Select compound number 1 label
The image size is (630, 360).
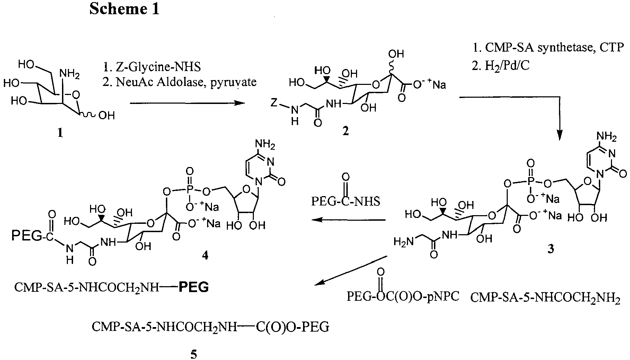pos(60,133)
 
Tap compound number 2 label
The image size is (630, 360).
pos(345,131)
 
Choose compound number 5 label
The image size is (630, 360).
pos(194,354)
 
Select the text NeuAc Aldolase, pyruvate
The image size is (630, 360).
pos(179,82)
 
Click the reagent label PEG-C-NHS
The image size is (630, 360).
pos(345,201)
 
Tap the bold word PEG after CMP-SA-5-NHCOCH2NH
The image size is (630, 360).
pos(194,287)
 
